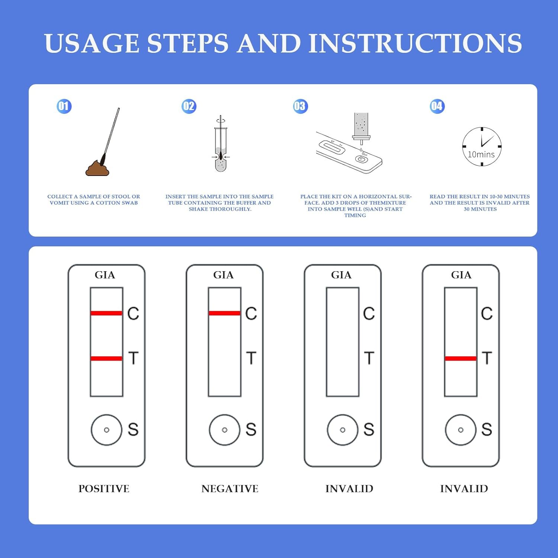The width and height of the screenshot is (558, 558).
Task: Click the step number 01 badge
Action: click(64, 106)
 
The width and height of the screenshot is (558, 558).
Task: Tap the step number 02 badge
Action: click(189, 106)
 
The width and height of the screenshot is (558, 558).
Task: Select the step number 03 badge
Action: click(300, 106)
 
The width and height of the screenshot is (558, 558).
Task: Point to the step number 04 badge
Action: click(437, 106)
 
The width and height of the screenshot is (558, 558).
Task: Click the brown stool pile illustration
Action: click(97, 168)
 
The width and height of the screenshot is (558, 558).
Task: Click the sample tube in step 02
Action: click(221, 149)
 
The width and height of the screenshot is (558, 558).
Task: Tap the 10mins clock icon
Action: click(482, 147)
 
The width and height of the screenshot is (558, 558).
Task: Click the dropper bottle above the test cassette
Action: click(361, 126)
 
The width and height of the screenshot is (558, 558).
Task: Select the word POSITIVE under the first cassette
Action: click(104, 489)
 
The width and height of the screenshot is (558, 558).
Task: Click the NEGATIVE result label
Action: click(230, 489)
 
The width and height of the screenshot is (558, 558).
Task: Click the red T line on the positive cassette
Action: click(106, 359)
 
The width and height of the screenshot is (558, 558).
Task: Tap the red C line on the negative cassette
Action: click(225, 313)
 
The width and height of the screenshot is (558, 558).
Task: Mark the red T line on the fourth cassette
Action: click(461, 359)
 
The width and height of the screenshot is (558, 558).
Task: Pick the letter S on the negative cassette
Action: click(251, 430)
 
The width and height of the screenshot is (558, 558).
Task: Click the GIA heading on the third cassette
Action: click(341, 275)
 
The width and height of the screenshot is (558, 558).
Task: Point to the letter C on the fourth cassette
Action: click(487, 314)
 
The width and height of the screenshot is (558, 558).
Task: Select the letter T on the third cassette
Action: click(369, 358)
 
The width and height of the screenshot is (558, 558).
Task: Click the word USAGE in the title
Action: click(92, 43)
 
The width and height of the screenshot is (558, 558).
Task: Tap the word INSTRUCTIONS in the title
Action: click(415, 43)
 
